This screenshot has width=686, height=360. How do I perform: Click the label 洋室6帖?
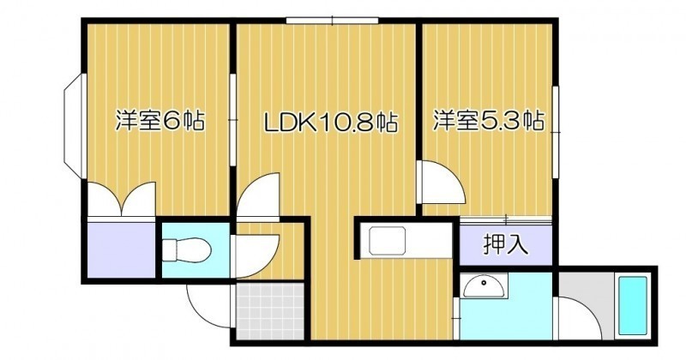[159, 121]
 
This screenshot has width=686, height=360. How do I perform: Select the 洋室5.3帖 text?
[488, 120]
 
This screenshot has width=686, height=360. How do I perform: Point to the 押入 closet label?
[505, 244]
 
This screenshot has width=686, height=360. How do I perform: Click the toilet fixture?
[187, 250]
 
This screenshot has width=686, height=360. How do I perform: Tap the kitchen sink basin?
[388, 241]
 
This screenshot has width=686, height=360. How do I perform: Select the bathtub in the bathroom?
[631, 305]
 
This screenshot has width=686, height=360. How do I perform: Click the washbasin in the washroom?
[484, 285]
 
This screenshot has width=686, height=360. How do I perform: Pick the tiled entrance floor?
[269, 310]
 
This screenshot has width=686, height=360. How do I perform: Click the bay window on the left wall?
[74, 126]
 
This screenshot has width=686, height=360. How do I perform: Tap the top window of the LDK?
[332, 20]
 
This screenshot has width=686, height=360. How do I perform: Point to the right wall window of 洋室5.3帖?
[556, 132]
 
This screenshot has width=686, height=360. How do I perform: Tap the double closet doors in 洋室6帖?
[122, 199]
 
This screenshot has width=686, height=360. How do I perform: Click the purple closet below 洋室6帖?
[121, 249]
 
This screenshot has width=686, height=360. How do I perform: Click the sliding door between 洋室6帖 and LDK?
[233, 119]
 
